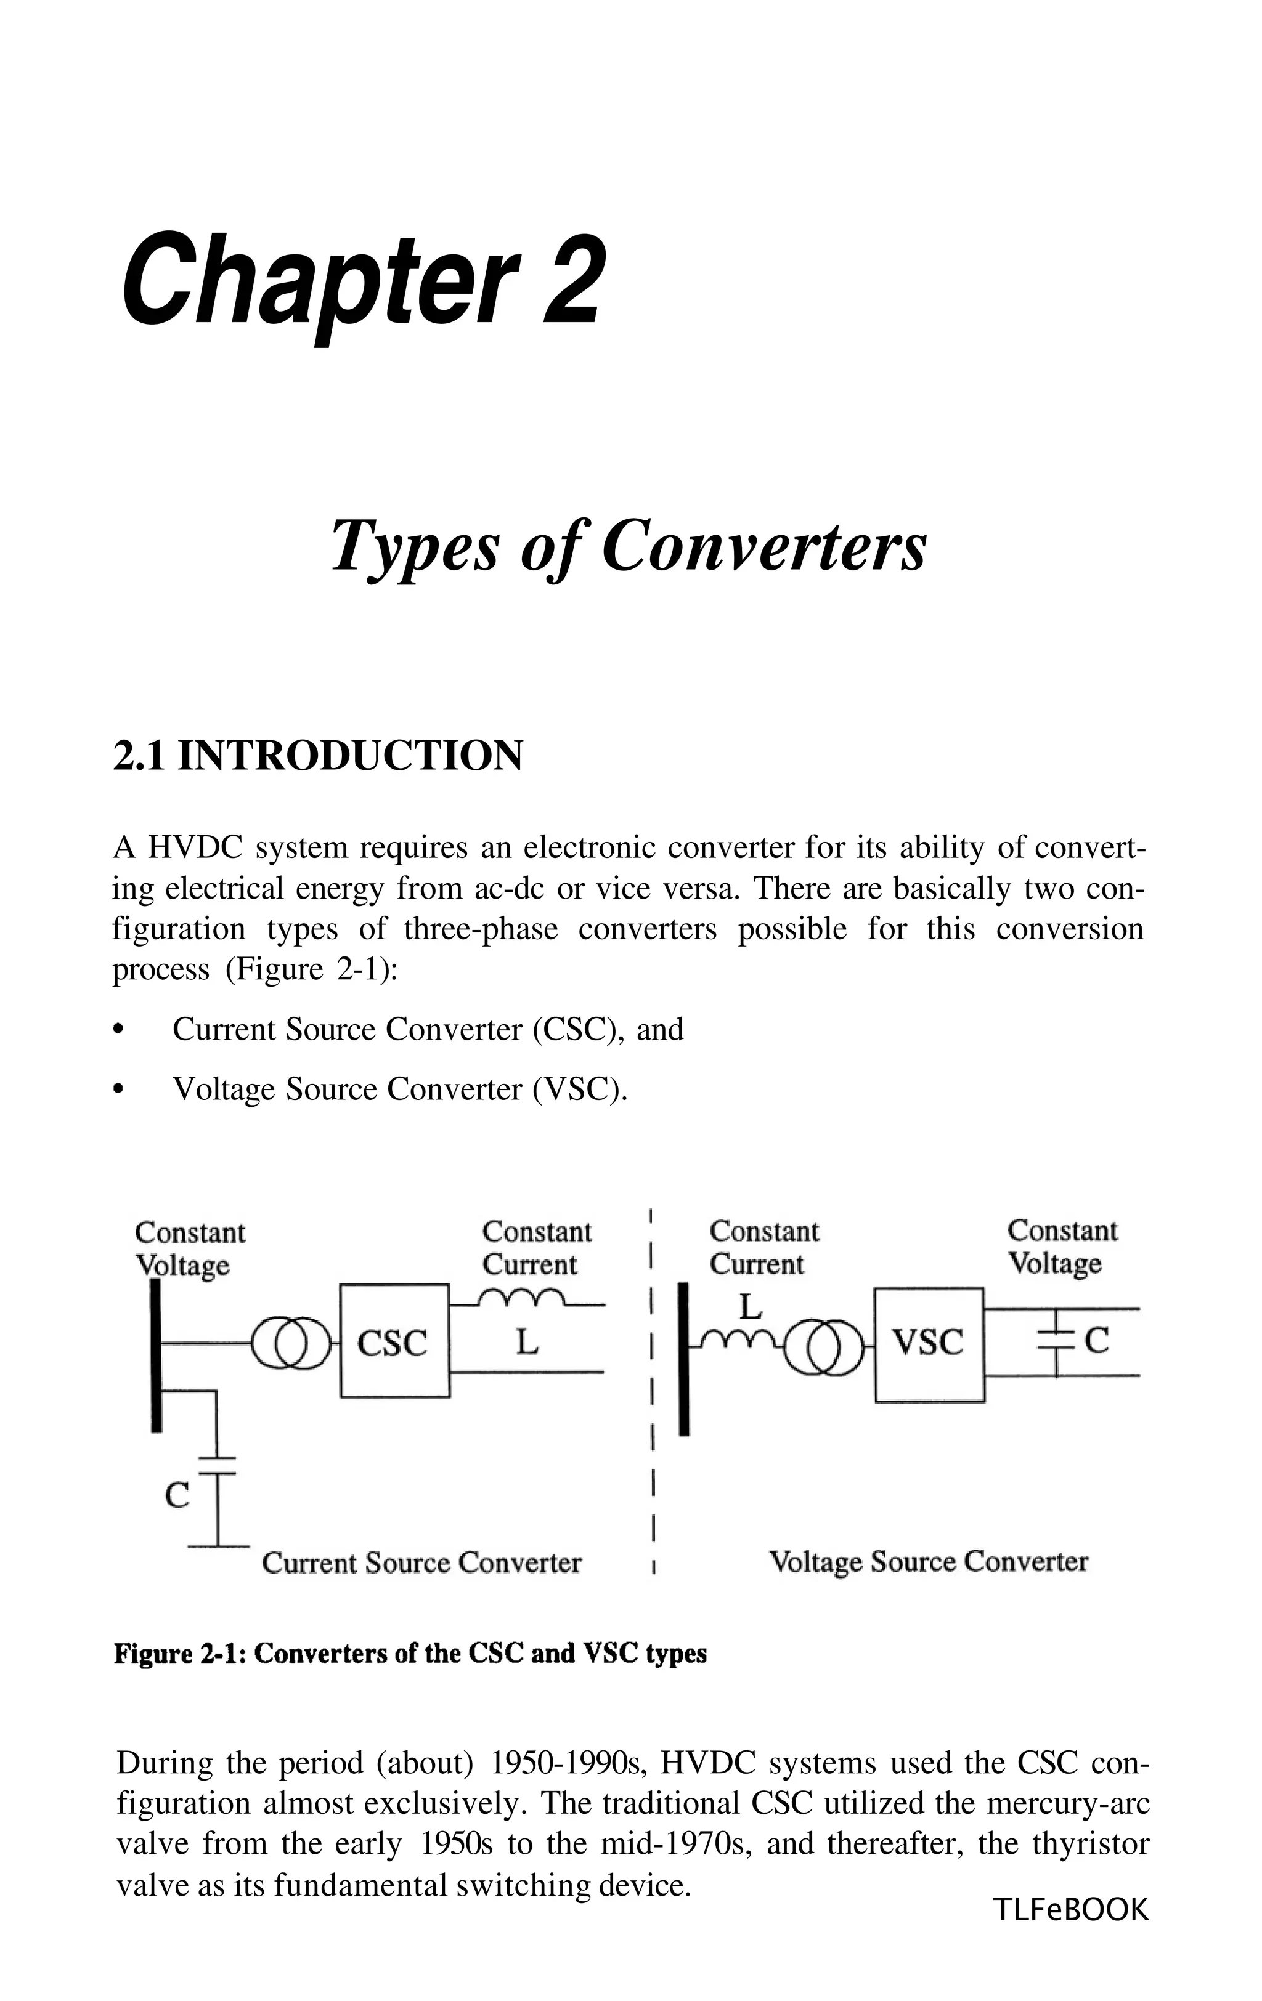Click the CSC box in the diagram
pos(394,1342)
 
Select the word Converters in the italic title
pos(762,547)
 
